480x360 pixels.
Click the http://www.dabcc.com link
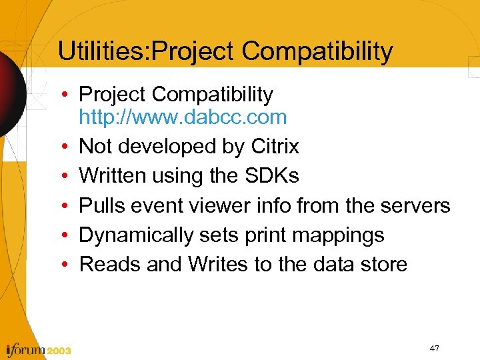pos(183,117)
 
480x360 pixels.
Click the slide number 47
pos(434,349)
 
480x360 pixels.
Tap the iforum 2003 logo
pos(39,349)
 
